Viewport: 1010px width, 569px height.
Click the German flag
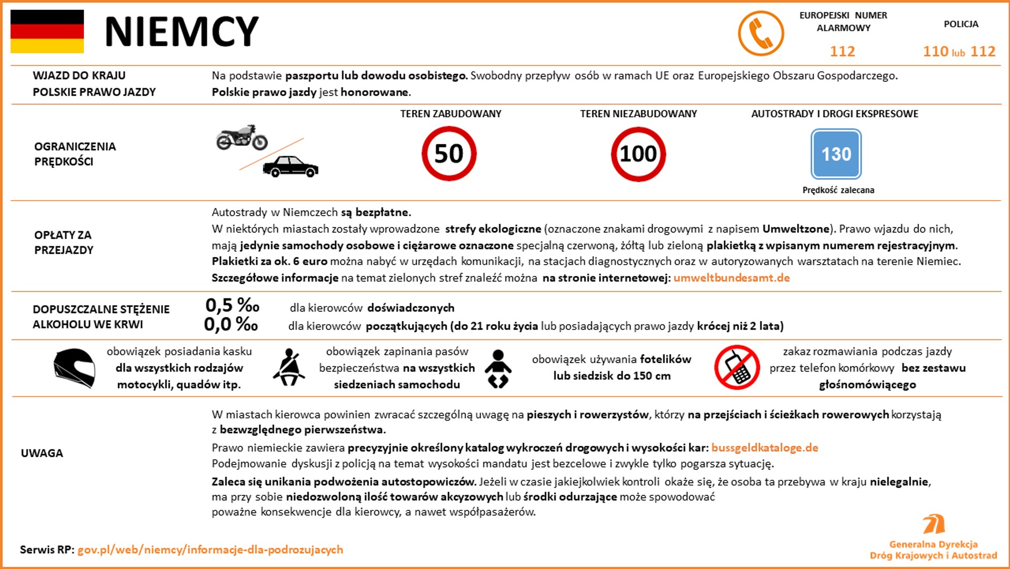pos(47,32)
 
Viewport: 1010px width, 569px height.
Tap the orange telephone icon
pos(761,33)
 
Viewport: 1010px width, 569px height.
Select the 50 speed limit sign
pos(449,154)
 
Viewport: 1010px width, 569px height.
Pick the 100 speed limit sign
pos(638,154)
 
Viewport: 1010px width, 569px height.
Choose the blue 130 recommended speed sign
pos(836,154)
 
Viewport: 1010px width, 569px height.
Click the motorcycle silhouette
pos(242,137)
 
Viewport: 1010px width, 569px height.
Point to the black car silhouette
pos(290,166)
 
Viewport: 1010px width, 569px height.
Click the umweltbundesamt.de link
pos(731,278)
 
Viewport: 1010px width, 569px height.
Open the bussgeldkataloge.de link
pos(764,448)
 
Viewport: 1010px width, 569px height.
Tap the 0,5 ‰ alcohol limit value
pos(232,305)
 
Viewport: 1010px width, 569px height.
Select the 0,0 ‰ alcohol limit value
pos(231,324)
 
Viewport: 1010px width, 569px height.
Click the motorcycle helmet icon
pos(74,368)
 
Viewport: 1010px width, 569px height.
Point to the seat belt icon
pos(289,367)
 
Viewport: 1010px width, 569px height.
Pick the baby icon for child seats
pos(498,369)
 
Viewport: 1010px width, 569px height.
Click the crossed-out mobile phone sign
pos(737,368)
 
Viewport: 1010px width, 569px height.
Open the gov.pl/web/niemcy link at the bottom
pos(210,550)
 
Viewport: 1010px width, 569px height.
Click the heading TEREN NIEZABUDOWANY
pos(638,114)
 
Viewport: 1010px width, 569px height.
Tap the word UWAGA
pos(42,453)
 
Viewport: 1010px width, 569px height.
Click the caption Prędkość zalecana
pos(838,190)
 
